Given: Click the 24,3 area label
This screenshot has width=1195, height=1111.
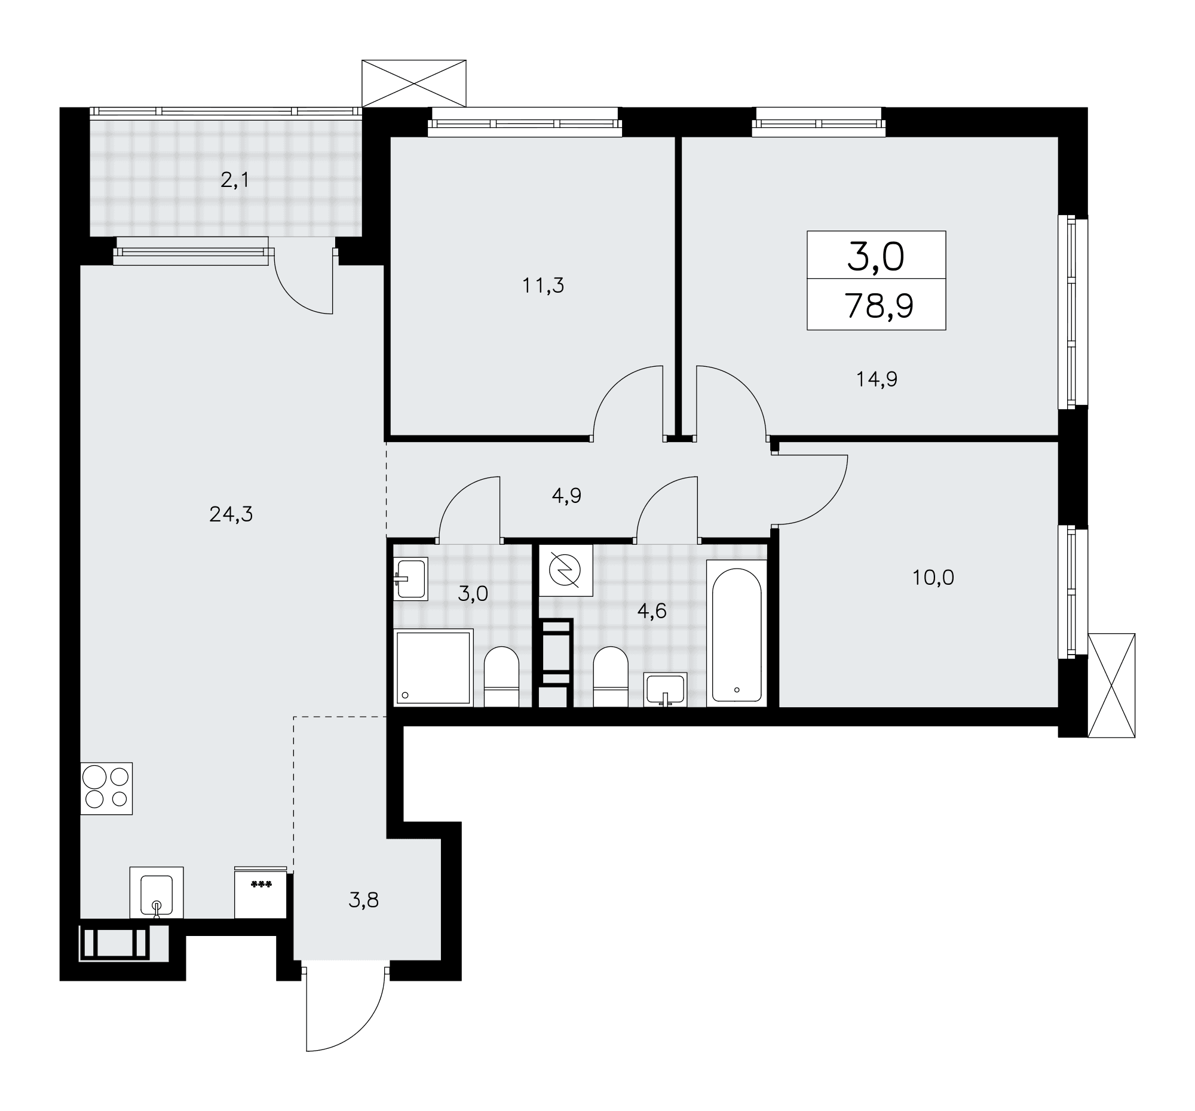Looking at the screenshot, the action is pos(231,514).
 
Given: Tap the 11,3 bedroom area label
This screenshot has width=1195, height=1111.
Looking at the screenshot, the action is pos(543,286).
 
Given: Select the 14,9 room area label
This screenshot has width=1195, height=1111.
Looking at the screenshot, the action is pos(877,379).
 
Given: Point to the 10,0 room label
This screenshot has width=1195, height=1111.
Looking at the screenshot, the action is pos(933,578).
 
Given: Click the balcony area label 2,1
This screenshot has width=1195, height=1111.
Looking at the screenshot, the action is pos(234,180).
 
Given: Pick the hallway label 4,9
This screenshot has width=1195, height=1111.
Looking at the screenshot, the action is pos(566,496).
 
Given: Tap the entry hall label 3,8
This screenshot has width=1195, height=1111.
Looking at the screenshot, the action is pos(364,900).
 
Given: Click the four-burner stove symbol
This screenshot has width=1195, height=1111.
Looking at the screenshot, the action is pos(106,788).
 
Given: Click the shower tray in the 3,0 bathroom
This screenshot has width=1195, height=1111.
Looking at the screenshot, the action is pos(433,667).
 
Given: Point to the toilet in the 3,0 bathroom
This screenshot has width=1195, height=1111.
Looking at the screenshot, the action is pos(501,677).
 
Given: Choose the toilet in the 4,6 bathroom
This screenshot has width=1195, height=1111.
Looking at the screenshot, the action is pos(611,677).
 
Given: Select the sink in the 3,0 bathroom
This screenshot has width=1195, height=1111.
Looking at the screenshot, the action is pos(410,579).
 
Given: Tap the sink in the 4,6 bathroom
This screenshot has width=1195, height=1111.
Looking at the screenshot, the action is pos(665,689).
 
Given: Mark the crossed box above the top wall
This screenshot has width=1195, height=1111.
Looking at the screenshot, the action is pos(413,83).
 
